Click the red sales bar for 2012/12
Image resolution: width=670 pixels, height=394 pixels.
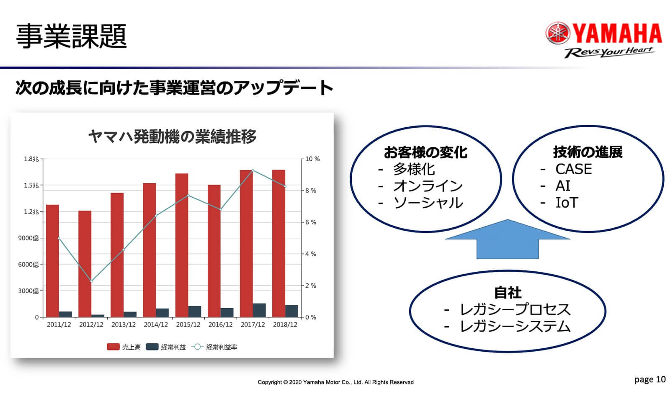(x=85, y=263)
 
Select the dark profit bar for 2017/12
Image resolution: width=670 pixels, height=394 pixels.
(x=259, y=310)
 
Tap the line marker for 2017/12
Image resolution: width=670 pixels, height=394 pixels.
(x=253, y=170)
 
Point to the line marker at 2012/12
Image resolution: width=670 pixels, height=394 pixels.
(x=91, y=281)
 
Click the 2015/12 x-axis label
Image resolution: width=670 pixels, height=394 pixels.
(x=188, y=324)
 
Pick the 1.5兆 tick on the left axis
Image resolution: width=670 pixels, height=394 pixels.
(x=31, y=185)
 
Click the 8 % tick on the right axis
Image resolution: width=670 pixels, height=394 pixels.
(x=310, y=191)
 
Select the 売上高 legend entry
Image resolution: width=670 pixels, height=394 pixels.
(x=124, y=347)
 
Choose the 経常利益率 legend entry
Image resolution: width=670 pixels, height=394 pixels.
(x=214, y=347)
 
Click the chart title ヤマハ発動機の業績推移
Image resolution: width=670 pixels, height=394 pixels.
(x=172, y=136)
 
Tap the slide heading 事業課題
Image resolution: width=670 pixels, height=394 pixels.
(x=71, y=36)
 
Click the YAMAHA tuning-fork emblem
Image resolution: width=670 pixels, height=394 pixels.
(x=558, y=33)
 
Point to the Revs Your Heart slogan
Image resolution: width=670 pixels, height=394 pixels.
(x=609, y=52)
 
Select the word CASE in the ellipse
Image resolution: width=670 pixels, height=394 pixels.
(x=573, y=169)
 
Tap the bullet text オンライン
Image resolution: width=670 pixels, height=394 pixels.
(x=428, y=186)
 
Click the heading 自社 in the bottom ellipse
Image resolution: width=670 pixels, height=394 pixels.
(x=508, y=293)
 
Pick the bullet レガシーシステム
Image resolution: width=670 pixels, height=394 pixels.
(x=515, y=326)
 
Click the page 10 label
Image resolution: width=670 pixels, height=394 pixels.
(x=650, y=379)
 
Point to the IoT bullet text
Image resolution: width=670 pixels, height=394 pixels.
(x=567, y=203)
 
